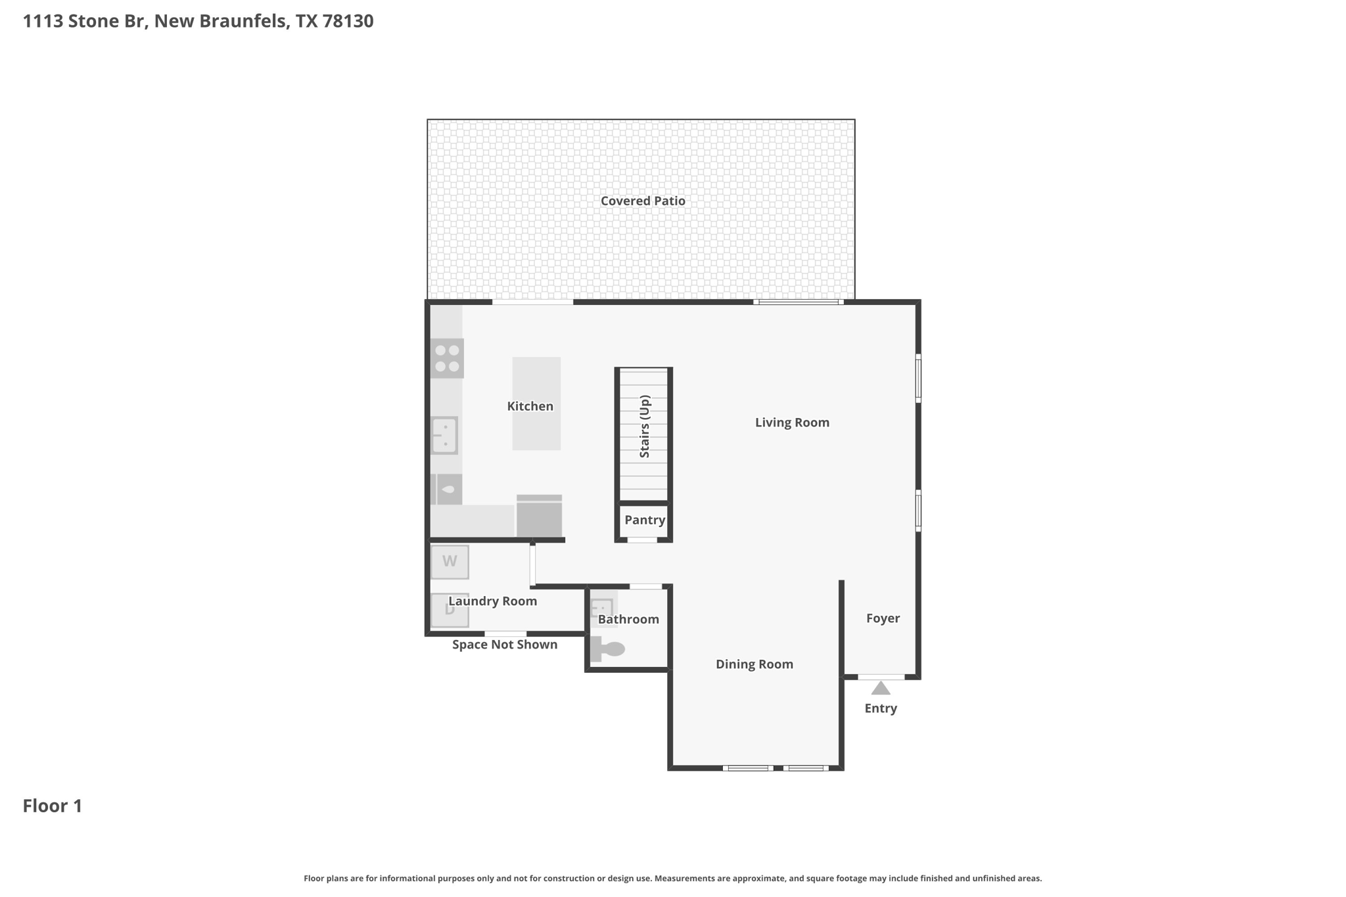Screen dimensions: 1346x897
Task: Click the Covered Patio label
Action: [643, 201]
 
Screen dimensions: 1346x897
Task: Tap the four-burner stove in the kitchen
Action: [447, 358]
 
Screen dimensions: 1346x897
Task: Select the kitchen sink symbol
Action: [444, 435]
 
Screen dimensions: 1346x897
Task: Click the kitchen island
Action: [536, 403]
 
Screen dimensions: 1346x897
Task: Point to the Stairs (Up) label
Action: [644, 426]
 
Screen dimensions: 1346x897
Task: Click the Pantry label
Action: [645, 520]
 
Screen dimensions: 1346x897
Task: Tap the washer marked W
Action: [450, 562]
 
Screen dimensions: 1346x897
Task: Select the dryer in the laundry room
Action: [450, 610]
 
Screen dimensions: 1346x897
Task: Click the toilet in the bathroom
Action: [607, 649]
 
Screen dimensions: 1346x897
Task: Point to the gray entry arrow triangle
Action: [881, 688]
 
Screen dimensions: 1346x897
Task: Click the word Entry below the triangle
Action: [881, 708]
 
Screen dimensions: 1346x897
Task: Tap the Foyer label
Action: [883, 618]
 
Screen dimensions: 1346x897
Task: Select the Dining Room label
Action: [754, 664]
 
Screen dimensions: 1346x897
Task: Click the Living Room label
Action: [792, 423]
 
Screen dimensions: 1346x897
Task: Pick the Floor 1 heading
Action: [53, 806]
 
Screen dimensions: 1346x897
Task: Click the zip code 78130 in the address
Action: [348, 21]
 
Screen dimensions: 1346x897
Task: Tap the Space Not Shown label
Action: [505, 645]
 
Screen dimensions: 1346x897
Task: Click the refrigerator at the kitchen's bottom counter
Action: [539, 516]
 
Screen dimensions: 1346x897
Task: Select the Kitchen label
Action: [530, 406]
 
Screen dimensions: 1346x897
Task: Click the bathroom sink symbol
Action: [603, 609]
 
